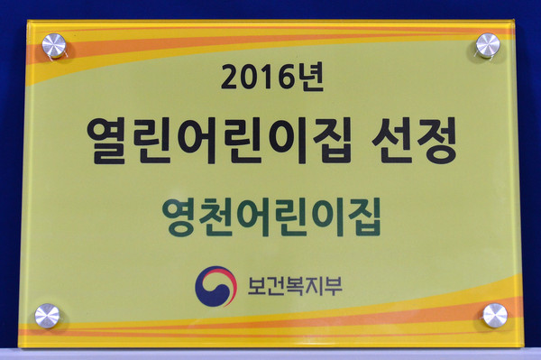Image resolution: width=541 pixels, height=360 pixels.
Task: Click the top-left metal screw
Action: [x=54, y=44]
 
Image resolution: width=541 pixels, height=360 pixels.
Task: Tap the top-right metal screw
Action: [x=487, y=44]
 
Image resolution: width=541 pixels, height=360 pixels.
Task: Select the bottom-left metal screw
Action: [x=47, y=316]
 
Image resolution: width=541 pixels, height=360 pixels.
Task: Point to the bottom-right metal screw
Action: [x=494, y=315]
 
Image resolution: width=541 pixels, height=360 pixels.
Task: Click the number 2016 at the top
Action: [x=255, y=79]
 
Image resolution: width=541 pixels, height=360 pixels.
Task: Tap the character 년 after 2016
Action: [x=305, y=79]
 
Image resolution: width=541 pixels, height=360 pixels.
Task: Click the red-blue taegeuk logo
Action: [x=215, y=286]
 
